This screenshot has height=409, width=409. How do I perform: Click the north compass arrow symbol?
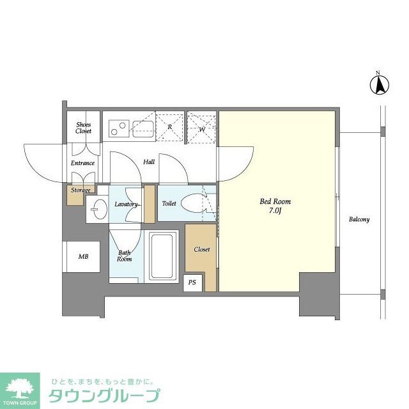coord(378,84)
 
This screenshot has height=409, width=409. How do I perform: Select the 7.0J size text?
coord(275,212)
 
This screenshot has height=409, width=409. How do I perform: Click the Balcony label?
coord(359,220)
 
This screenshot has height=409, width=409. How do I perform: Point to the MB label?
coord(83,257)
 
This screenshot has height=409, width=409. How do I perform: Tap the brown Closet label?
coord(202,249)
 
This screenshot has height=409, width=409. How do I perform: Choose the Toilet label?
coord(169,204)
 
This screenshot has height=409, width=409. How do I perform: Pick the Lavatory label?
coord(126,204)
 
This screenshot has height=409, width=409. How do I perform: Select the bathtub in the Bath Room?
coord(164,256)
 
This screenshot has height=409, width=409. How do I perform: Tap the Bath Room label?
coord(124,256)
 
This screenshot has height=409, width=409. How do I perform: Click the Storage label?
coord(81,190)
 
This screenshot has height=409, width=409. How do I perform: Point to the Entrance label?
coord(82,163)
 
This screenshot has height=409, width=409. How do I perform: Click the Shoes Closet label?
coord(83,128)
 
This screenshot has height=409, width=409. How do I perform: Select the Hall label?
coord(149,162)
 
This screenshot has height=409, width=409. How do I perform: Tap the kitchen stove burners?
coord(118,128)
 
